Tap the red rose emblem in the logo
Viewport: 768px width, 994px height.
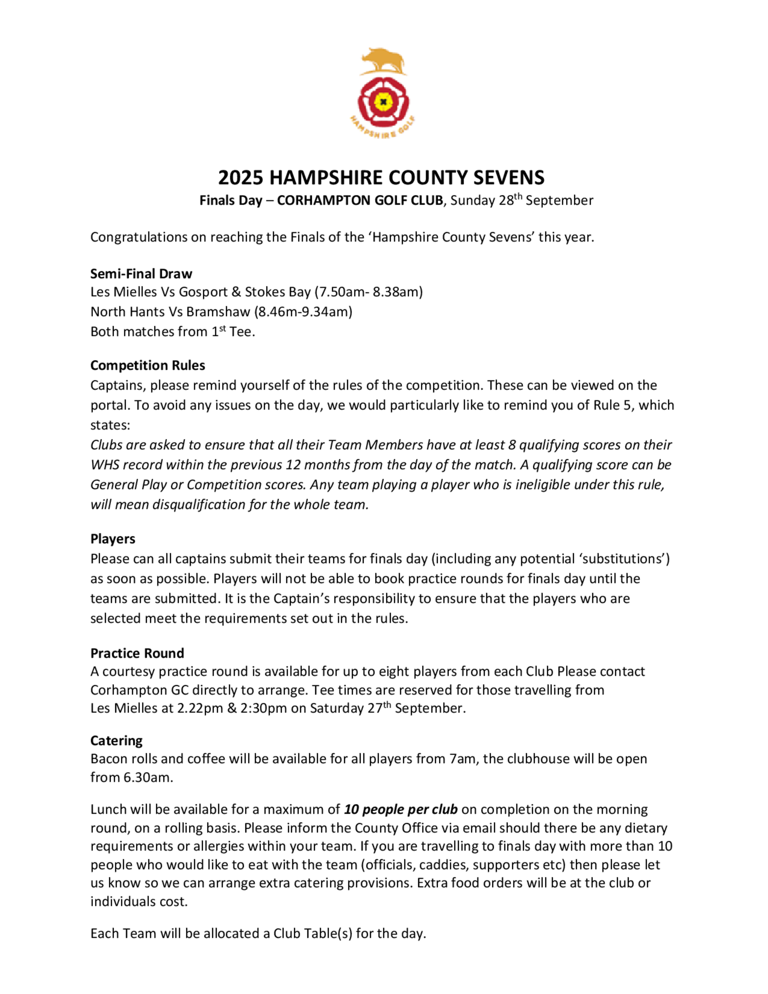point(383,102)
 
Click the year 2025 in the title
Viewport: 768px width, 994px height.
point(241,177)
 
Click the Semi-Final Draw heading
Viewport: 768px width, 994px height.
point(141,273)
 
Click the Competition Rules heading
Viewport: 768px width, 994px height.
point(147,366)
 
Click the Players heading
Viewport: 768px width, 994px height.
point(113,539)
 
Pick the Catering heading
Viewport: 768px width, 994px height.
point(116,741)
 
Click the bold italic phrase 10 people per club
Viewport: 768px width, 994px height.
point(401,809)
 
